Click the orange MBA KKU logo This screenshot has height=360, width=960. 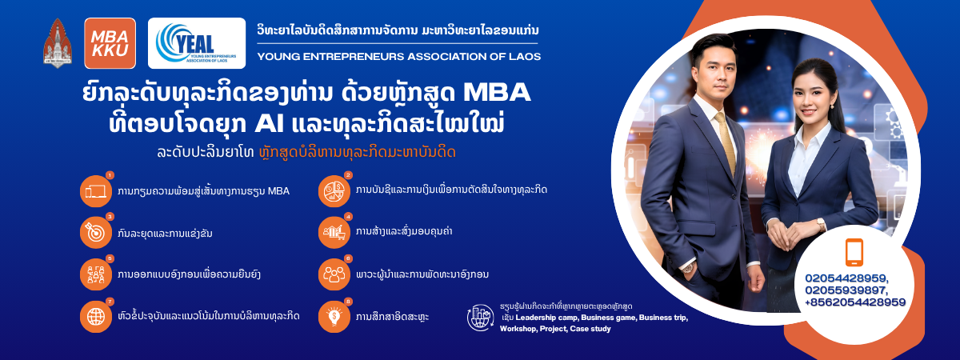click(x=110, y=43)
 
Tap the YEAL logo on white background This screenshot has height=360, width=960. click(x=197, y=43)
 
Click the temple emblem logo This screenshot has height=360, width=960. click(x=58, y=43)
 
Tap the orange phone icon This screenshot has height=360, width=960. click(x=854, y=253)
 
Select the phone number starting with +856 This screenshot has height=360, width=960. click(x=855, y=302)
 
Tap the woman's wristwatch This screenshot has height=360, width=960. click(x=821, y=224)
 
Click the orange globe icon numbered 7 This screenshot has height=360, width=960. click(x=96, y=317)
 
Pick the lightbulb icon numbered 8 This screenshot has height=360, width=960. click(x=334, y=317)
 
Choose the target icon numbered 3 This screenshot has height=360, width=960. click(x=96, y=232)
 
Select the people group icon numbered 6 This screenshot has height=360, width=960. click(x=334, y=274)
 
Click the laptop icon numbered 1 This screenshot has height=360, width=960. click(x=96, y=191)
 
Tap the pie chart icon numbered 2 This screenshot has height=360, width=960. click(x=334, y=191)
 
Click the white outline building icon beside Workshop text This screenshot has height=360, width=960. click(x=481, y=318)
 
